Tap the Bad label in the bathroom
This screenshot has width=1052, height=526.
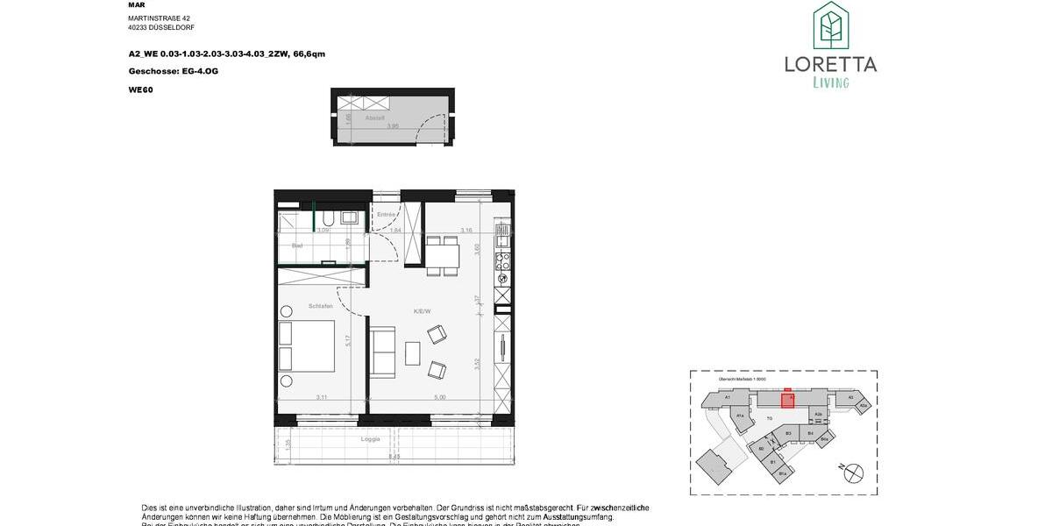pyautogui.click(x=297, y=245)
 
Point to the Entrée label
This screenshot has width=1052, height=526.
pyautogui.click(x=386, y=214)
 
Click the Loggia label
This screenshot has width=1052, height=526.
pyautogui.click(x=371, y=438)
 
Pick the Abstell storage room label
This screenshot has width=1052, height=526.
pyautogui.click(x=375, y=117)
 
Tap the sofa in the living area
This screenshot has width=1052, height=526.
pyautogui.click(x=382, y=351)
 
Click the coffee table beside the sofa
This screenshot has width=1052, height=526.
pyautogui.click(x=413, y=352)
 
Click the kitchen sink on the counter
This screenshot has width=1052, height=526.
pyautogui.click(x=503, y=236)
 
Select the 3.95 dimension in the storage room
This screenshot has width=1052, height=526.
pyautogui.click(x=394, y=125)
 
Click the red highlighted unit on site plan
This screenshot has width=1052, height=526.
pyautogui.click(x=787, y=400)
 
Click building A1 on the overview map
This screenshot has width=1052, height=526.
pyautogui.click(x=728, y=397)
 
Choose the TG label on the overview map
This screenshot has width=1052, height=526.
pyautogui.click(x=769, y=419)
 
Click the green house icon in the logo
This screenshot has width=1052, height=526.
pyautogui.click(x=830, y=26)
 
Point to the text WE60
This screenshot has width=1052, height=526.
pyautogui.click(x=140, y=89)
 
